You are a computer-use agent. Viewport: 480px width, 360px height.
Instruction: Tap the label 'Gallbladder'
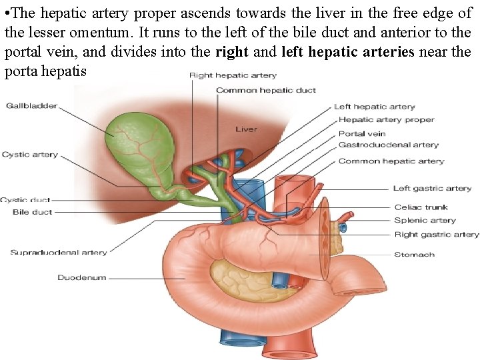coord(31,106)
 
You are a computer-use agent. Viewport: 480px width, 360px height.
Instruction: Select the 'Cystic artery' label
coord(29,155)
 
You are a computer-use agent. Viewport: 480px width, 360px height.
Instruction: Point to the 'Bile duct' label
coord(32,212)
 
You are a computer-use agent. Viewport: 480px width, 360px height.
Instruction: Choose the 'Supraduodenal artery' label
coord(58,253)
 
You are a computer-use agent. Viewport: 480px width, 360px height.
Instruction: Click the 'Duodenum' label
coord(81,277)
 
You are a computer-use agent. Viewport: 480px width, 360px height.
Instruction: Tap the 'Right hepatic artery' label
coord(233,75)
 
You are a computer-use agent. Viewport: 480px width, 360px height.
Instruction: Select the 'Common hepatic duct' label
coord(265,90)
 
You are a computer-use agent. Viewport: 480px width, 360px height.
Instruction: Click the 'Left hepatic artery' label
coord(374,107)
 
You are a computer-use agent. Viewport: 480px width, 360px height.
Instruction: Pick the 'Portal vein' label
coord(361,133)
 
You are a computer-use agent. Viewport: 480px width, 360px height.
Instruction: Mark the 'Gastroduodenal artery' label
coord(388,145)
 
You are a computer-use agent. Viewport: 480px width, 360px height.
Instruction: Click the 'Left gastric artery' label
coord(432,189)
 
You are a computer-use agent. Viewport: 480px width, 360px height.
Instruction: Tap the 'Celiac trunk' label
coord(421,207)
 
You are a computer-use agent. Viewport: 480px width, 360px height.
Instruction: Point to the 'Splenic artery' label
coord(425,220)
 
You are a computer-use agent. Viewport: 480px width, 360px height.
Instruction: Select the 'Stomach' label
coord(414,254)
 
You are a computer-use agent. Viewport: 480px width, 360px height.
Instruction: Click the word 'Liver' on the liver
coord(246,129)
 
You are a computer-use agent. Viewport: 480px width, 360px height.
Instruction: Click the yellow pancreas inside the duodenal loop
coord(237,274)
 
